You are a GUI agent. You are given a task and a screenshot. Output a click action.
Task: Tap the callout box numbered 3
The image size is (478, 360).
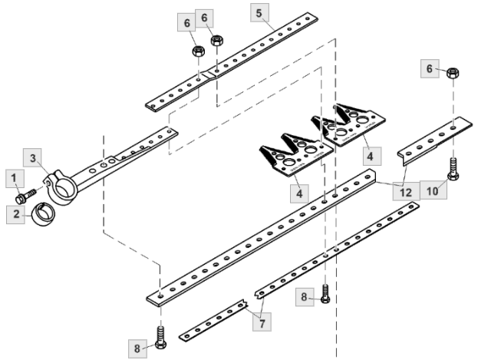point(33,158)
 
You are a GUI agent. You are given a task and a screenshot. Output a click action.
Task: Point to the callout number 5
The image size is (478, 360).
point(259,13)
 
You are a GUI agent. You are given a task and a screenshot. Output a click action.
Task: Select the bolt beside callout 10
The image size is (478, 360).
point(452,170)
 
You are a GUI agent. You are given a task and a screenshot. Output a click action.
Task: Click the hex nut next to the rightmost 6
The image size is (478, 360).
point(453,73)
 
